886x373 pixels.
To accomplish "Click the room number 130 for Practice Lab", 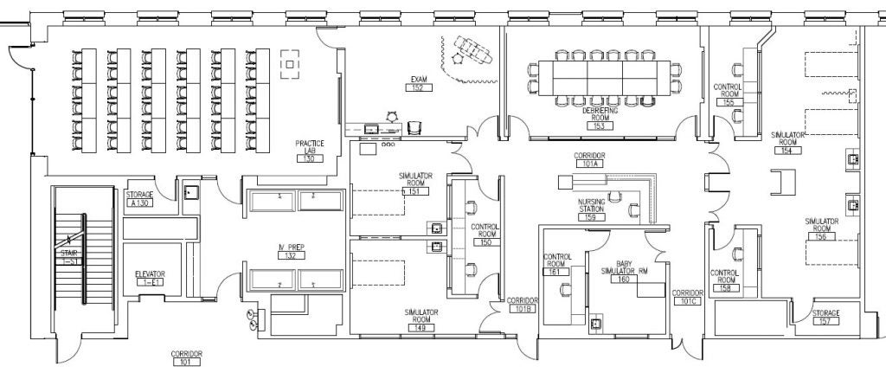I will [x=307, y=158].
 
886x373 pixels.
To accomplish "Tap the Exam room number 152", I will [x=418, y=88].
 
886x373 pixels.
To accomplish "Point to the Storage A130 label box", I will [x=139, y=203].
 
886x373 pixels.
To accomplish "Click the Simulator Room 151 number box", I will [x=399, y=191].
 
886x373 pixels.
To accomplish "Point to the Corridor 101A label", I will [x=587, y=162].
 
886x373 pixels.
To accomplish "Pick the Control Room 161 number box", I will [x=554, y=272].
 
